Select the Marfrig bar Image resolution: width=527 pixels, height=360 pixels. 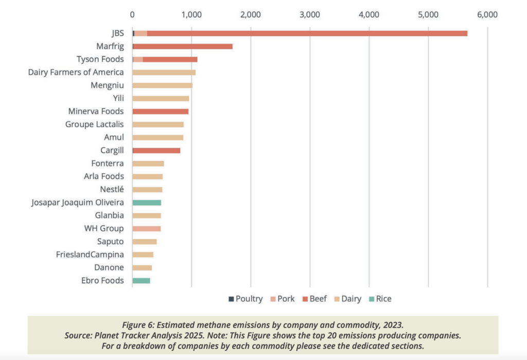pos(183,46)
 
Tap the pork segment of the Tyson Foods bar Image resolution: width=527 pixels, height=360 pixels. pos(138,59)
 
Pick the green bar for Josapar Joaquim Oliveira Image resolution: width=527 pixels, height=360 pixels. pos(147,203)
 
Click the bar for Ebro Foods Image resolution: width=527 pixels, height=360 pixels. pos(141,281)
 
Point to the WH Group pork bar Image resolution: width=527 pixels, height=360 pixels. pos(147,228)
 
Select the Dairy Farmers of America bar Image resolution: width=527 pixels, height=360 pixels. pos(164,73)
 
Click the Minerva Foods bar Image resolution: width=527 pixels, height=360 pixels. pos(161,111)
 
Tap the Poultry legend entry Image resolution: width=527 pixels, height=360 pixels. pos(245,299)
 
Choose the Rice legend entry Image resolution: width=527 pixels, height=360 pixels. pos(379,299)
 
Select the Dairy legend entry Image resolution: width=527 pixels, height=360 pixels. pos(347,299)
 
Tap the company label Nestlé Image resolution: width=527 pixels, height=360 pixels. pos(112,189)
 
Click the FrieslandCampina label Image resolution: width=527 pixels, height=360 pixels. pos(90,254)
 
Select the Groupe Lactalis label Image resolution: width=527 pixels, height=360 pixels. pos(95,124)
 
